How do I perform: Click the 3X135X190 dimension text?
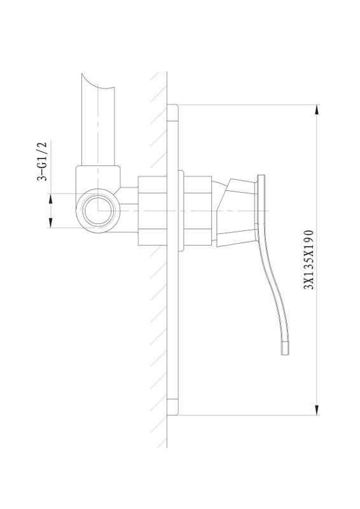pos(308,260)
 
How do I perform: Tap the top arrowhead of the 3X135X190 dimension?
pos(317,109)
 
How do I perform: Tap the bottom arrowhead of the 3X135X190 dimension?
pos(317,410)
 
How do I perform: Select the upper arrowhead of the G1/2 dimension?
pos(51,199)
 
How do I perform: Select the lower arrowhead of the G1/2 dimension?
pos(51,223)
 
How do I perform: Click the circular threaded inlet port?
pos(98,211)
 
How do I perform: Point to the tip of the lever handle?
pos(285,354)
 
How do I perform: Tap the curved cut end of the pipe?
pos(97,83)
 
